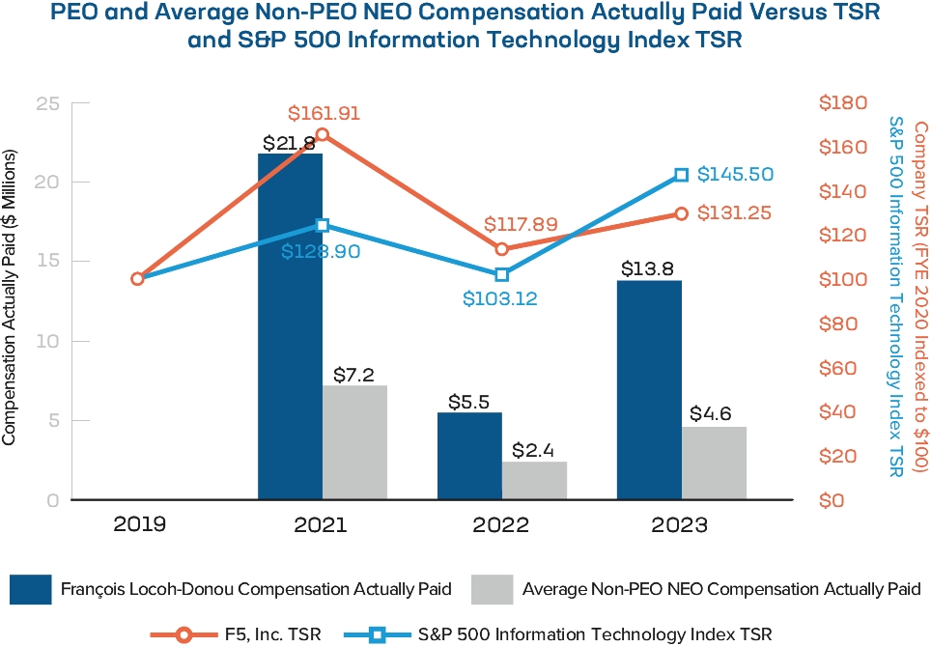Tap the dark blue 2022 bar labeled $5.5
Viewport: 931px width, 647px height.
pyautogui.click(x=469, y=456)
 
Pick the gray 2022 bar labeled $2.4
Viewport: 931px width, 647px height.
pyautogui.click(x=534, y=480)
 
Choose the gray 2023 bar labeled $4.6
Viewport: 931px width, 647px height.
pyautogui.click(x=714, y=463)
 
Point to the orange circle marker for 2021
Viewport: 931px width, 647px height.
pyautogui.click(x=323, y=135)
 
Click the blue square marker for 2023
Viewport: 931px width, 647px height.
pyautogui.click(x=682, y=175)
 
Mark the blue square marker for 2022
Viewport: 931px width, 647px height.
pyautogui.click(x=502, y=275)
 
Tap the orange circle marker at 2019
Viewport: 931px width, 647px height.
pyautogui.click(x=137, y=278)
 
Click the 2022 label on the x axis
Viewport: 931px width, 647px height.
pyautogui.click(x=501, y=525)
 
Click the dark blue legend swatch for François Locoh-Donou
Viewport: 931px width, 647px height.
pyautogui.click(x=44, y=588)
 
